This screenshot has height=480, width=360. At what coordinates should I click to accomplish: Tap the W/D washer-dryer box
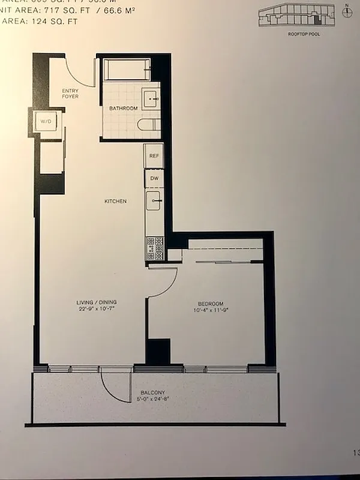pos(46,122)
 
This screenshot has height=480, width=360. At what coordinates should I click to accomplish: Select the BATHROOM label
pos(123,109)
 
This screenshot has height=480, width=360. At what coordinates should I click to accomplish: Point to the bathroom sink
pos(151,96)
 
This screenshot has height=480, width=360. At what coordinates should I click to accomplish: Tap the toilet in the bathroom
pos(149,125)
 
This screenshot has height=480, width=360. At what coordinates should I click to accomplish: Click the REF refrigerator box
pos(154,155)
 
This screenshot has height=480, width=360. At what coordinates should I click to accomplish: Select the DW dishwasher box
pos(154,179)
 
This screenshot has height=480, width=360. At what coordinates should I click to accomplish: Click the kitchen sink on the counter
pos(154,201)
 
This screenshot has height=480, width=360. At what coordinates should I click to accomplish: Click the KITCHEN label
pos(115,202)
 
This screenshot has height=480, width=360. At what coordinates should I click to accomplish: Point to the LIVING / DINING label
pos(96,302)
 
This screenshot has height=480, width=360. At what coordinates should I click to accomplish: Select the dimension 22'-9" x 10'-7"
pos(96,310)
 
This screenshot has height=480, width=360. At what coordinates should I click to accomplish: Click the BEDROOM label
pos(211,303)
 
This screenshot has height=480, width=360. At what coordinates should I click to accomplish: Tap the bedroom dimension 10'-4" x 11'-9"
pos(211,310)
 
